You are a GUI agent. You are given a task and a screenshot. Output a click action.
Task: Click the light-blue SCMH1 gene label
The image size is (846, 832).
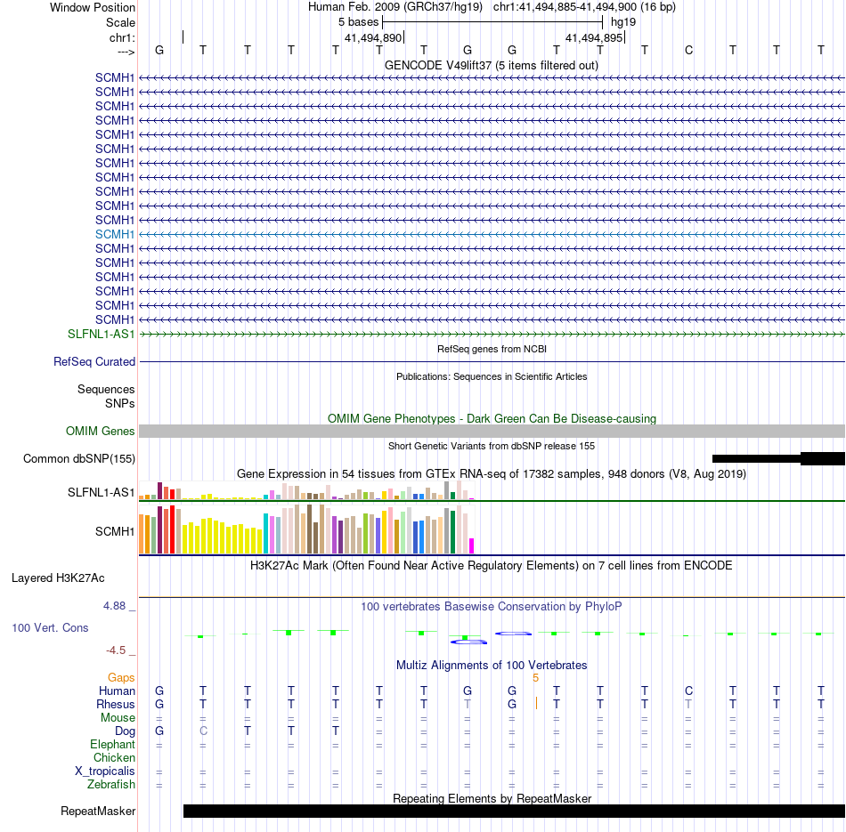point(115,234)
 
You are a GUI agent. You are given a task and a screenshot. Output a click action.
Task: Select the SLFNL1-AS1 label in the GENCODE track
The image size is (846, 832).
point(102,334)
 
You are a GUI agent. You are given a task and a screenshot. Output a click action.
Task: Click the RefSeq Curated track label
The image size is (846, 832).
point(94,362)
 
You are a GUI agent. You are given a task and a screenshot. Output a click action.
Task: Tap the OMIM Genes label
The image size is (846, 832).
point(101,432)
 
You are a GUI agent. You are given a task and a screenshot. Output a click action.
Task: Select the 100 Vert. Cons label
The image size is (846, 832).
point(50,628)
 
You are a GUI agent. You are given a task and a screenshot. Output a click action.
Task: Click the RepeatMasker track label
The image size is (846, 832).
point(98,812)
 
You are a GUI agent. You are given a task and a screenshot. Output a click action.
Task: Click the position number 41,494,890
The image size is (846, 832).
point(374,38)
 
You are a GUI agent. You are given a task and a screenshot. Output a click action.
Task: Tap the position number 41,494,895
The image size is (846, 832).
point(594,38)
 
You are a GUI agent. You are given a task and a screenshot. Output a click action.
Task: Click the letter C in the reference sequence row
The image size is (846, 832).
point(688,50)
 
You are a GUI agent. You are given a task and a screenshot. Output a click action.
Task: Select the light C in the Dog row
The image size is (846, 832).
point(203,731)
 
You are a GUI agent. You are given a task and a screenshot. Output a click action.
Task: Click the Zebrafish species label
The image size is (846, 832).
point(111,785)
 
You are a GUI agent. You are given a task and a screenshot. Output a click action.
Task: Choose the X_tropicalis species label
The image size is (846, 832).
point(105,771)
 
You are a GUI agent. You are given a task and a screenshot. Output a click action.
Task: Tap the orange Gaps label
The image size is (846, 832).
point(121,678)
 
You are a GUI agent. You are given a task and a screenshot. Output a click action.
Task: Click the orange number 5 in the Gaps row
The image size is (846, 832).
point(535,678)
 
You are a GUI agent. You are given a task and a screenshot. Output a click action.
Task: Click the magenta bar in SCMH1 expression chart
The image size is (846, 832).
point(472,545)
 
